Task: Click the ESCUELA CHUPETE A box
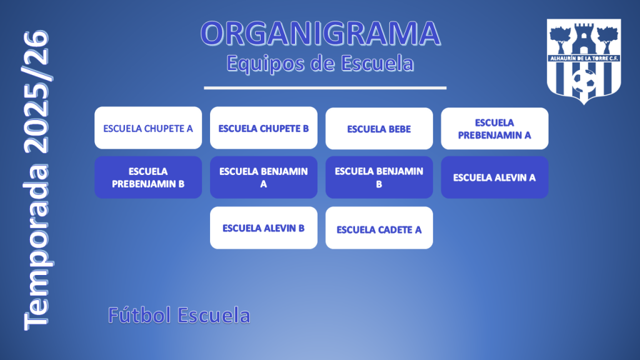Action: [x=148, y=127]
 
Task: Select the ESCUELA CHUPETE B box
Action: [x=264, y=127]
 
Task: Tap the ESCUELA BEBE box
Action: [x=379, y=129]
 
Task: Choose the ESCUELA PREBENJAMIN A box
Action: [x=495, y=129]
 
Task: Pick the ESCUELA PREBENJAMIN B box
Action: [x=148, y=177]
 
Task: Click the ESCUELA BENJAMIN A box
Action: [x=264, y=177]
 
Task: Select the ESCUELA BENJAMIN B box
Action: [x=379, y=177]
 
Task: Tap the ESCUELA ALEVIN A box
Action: [x=495, y=177]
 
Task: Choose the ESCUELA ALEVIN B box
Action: [x=264, y=227]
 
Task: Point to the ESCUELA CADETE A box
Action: [x=379, y=227]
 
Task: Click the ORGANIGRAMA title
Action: [x=321, y=34]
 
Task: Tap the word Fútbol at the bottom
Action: [x=139, y=315]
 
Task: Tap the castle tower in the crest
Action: [x=584, y=39]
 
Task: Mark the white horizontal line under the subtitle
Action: [x=325, y=87]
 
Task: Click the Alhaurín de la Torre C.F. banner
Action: [x=584, y=58]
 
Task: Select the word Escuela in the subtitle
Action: [x=377, y=63]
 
